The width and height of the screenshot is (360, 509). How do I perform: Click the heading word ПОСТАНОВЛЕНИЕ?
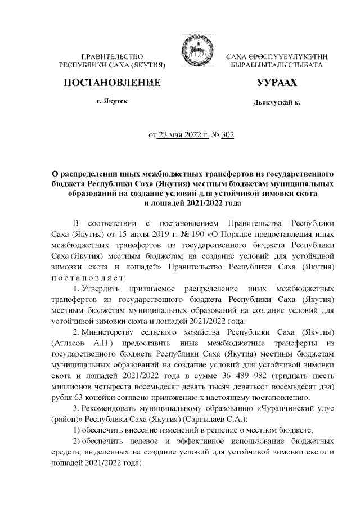pos(112,83)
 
